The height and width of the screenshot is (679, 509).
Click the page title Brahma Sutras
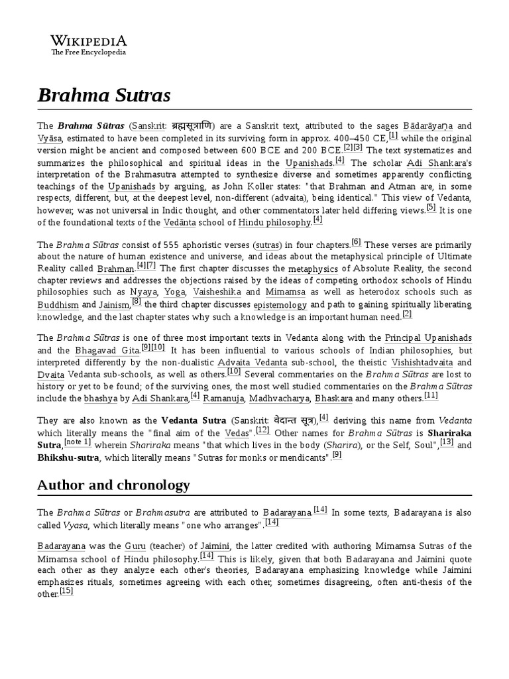pyautogui.click(x=104, y=95)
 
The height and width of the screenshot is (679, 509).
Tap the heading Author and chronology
pyautogui.click(x=113, y=485)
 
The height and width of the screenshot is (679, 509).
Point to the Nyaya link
pyautogui.click(x=143, y=291)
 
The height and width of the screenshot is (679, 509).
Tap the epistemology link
pyautogui.click(x=280, y=305)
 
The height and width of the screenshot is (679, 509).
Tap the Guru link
pyautogui.click(x=135, y=546)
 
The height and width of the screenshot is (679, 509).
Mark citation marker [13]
pyautogui.click(x=446, y=442)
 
